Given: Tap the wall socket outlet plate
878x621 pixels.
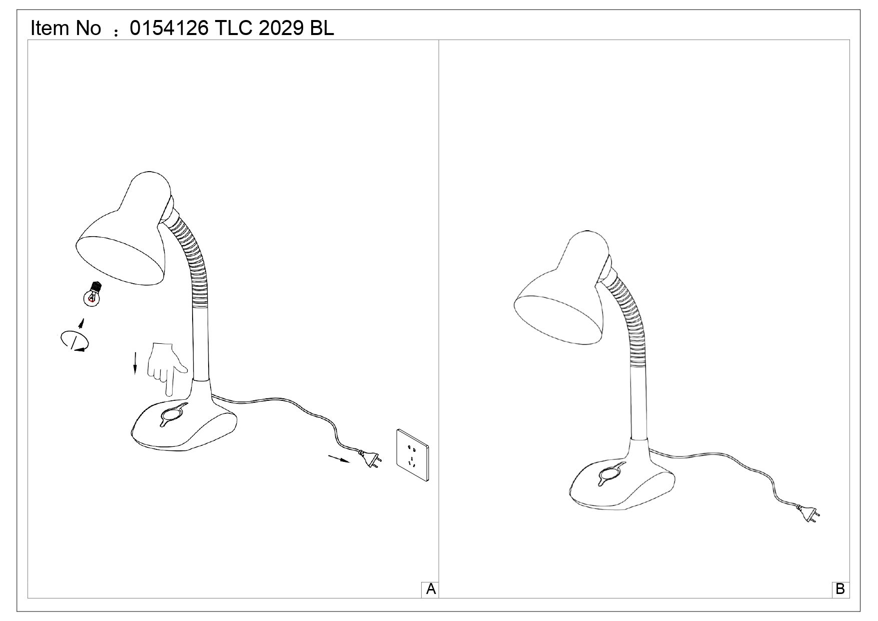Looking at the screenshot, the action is click(x=413, y=455).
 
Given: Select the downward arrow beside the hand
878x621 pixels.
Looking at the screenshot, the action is click(x=135, y=363).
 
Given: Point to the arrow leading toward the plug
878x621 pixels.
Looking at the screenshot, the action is click(x=339, y=458).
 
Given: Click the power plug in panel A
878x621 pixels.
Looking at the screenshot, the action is click(x=370, y=458).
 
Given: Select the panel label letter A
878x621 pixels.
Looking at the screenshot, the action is click(x=431, y=589).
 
